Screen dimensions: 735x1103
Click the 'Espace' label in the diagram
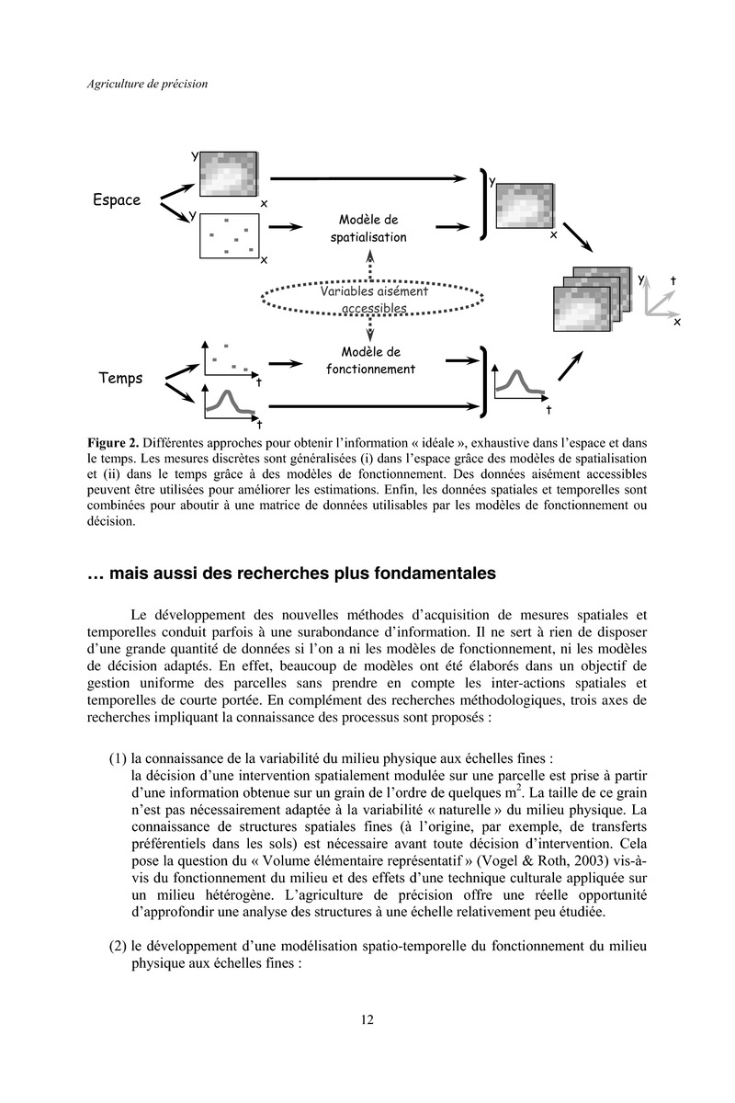[117, 200]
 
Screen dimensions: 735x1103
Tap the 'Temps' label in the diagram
[120, 378]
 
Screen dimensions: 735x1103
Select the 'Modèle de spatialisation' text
[368, 229]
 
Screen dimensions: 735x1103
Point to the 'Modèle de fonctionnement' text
[370, 360]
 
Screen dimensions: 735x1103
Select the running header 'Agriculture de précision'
[147, 84]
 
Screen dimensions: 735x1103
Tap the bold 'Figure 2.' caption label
[113, 443]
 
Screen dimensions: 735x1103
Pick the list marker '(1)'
[118, 758]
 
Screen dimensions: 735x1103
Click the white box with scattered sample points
[230, 236]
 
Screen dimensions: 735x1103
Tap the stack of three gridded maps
[592, 299]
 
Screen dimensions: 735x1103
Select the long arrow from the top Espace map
[368, 178]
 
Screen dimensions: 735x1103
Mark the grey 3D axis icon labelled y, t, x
[660, 299]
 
